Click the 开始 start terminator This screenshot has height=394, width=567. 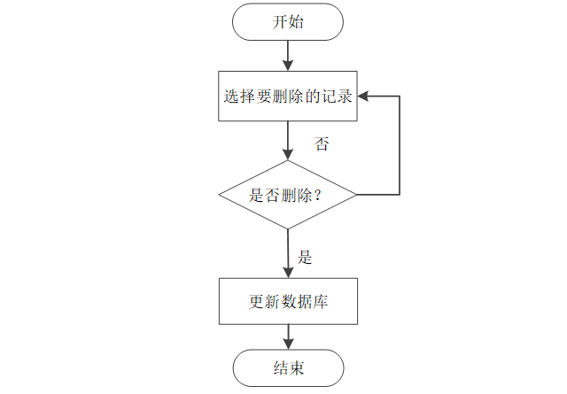pyautogui.click(x=288, y=22)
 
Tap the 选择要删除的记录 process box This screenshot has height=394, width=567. pyautogui.click(x=288, y=97)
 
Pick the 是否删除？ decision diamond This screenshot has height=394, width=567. pyautogui.click(x=288, y=195)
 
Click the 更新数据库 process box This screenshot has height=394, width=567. pyautogui.click(x=288, y=302)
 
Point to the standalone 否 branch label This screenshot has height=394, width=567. pyautogui.click(x=322, y=144)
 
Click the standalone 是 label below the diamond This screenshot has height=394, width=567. pyautogui.click(x=305, y=259)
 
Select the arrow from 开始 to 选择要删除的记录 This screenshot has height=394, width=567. pyautogui.click(x=288, y=56)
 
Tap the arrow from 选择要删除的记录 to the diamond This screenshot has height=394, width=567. pyautogui.click(x=288, y=140)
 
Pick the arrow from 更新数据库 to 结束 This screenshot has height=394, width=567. pyautogui.click(x=288, y=336)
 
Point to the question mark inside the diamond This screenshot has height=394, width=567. pyautogui.click(x=317, y=196)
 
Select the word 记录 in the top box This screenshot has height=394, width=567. pyautogui.click(x=338, y=97)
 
